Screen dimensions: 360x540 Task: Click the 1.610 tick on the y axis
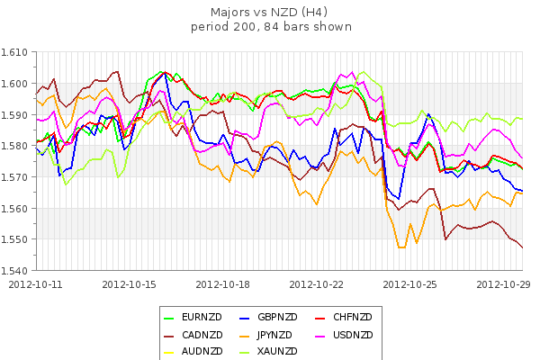click(17, 53)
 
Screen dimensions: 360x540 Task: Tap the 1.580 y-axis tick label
click(17, 146)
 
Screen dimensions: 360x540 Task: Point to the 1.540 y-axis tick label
click(17, 270)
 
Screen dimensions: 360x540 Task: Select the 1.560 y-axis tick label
click(17, 208)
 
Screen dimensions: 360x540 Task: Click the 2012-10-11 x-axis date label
click(36, 283)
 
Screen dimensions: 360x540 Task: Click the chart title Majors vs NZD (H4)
click(270, 13)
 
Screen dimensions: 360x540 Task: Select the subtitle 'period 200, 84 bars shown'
click(270, 27)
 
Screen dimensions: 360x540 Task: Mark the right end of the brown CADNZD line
click(523, 247)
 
